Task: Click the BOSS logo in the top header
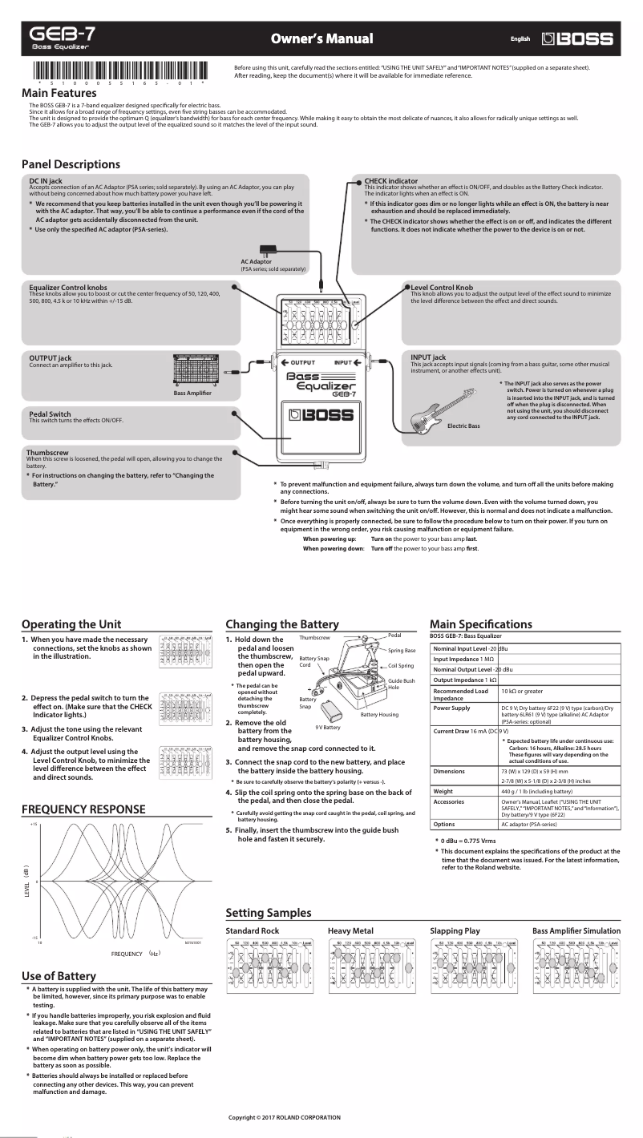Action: point(577,38)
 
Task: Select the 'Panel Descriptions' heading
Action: point(71,164)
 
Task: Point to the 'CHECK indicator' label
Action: point(390,181)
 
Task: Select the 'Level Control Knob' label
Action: point(441,286)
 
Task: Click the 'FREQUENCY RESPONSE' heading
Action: point(83,809)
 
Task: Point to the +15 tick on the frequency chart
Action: point(34,825)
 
